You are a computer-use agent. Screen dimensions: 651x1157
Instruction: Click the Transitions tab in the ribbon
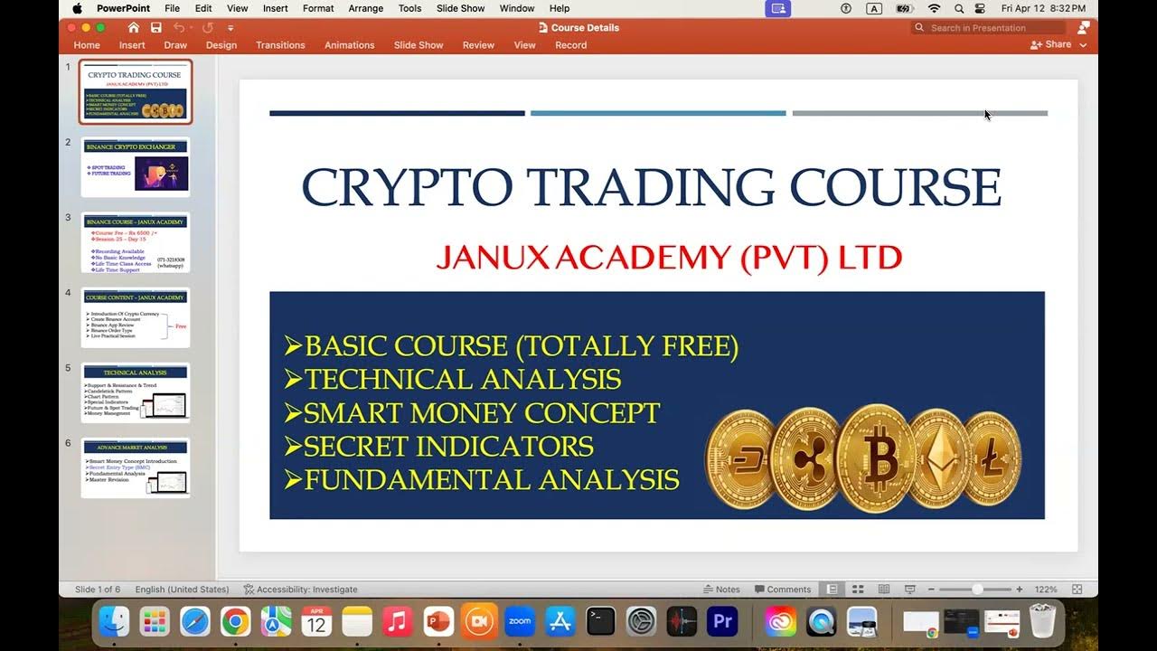tap(280, 45)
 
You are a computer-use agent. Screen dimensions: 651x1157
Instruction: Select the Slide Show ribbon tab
tap(419, 45)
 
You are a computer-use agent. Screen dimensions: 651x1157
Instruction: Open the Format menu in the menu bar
tap(318, 8)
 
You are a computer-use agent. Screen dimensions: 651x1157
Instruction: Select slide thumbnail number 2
tap(136, 166)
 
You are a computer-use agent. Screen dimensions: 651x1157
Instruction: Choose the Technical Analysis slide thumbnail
tap(136, 392)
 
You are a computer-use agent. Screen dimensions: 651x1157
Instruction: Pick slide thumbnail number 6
tap(136, 467)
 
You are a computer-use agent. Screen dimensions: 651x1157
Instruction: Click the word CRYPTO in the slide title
tap(406, 188)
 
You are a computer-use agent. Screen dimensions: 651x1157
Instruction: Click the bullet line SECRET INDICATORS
tap(448, 446)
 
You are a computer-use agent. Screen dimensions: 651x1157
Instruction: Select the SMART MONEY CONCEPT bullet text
tap(481, 412)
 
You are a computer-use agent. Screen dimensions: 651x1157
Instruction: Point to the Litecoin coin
tap(993, 458)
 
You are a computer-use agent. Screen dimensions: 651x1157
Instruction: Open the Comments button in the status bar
tap(783, 590)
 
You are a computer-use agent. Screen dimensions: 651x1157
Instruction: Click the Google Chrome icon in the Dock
tap(235, 621)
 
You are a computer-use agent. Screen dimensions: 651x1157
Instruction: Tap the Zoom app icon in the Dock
tap(520, 621)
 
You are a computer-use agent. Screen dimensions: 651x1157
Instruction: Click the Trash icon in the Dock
tap(1042, 621)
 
